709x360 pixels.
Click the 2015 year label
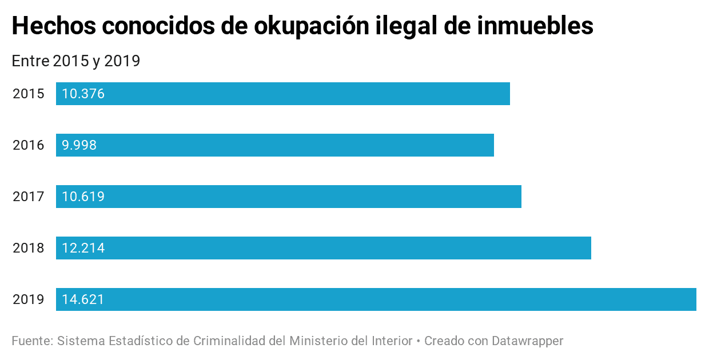coord(29,94)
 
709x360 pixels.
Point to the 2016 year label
coord(29,145)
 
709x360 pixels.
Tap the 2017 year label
coord(29,197)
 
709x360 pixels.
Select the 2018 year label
coord(29,248)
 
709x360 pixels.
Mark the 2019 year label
coord(29,299)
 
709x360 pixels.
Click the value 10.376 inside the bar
coord(83,94)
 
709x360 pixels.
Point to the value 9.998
coord(79,145)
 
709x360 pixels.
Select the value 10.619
coord(83,197)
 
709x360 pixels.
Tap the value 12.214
coord(83,248)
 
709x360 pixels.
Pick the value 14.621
coord(83,299)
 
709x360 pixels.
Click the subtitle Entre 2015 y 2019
coord(76,61)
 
